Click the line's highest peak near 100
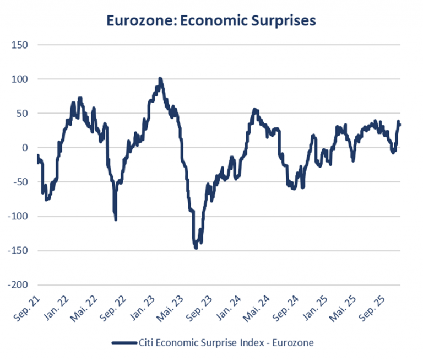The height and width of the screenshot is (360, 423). (160, 79)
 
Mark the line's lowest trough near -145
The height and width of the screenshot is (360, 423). (196, 248)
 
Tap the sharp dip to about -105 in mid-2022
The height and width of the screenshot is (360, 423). (116, 219)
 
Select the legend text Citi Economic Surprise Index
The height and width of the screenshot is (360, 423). (215, 342)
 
